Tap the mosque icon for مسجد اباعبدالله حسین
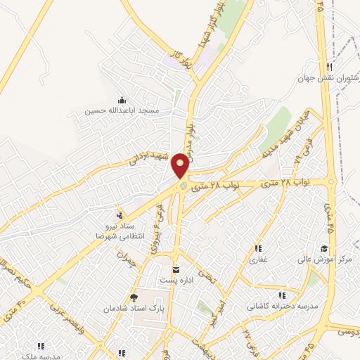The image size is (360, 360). tap(122, 100)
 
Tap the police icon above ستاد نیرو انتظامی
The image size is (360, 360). tap(119, 214)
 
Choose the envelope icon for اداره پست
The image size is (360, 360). tap(176, 270)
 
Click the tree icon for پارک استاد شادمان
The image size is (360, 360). tap(134, 297)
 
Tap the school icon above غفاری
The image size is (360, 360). tap(258, 248)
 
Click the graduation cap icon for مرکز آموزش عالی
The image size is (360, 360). tap(323, 248)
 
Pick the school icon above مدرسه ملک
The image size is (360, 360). tap(41, 346)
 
